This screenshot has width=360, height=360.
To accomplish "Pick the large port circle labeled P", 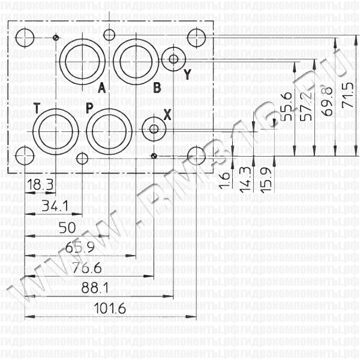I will (106, 129).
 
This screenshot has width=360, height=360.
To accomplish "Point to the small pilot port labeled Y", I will (173, 59).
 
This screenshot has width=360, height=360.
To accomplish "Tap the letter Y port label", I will (187, 74).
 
